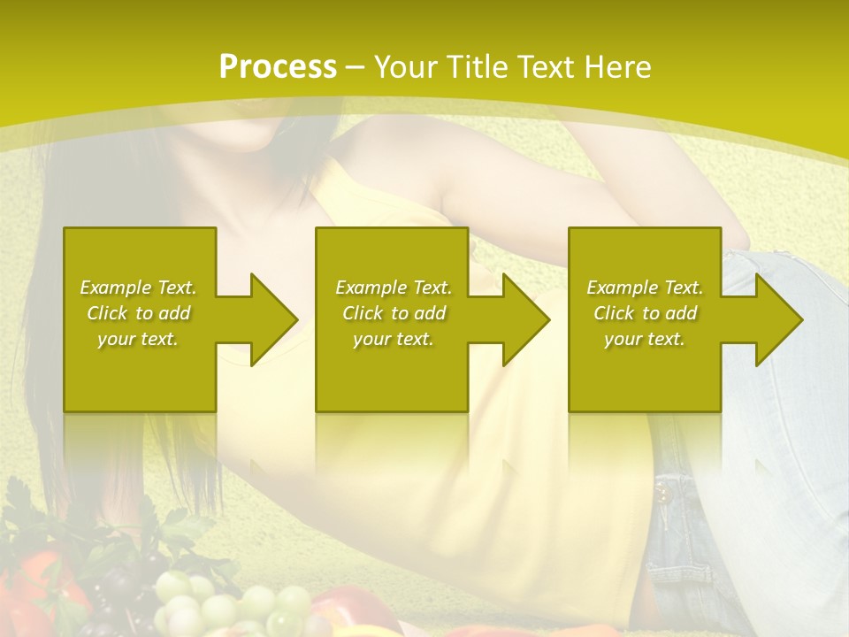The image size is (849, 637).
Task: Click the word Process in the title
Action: point(278,67)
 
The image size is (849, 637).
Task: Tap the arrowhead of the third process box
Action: point(777,319)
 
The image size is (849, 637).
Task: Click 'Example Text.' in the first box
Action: point(138,288)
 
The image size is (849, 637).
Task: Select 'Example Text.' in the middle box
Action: point(394,288)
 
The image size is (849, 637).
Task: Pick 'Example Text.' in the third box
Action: point(645,288)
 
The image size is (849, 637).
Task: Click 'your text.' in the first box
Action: point(138,339)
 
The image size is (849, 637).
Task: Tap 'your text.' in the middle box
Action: point(394,339)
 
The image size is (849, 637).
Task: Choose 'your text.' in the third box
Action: point(645,339)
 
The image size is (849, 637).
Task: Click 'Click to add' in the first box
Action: point(138,313)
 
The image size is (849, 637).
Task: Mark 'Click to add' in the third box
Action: point(645,313)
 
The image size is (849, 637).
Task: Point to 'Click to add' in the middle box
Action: point(394,313)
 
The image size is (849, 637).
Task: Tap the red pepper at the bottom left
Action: point(35,584)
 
